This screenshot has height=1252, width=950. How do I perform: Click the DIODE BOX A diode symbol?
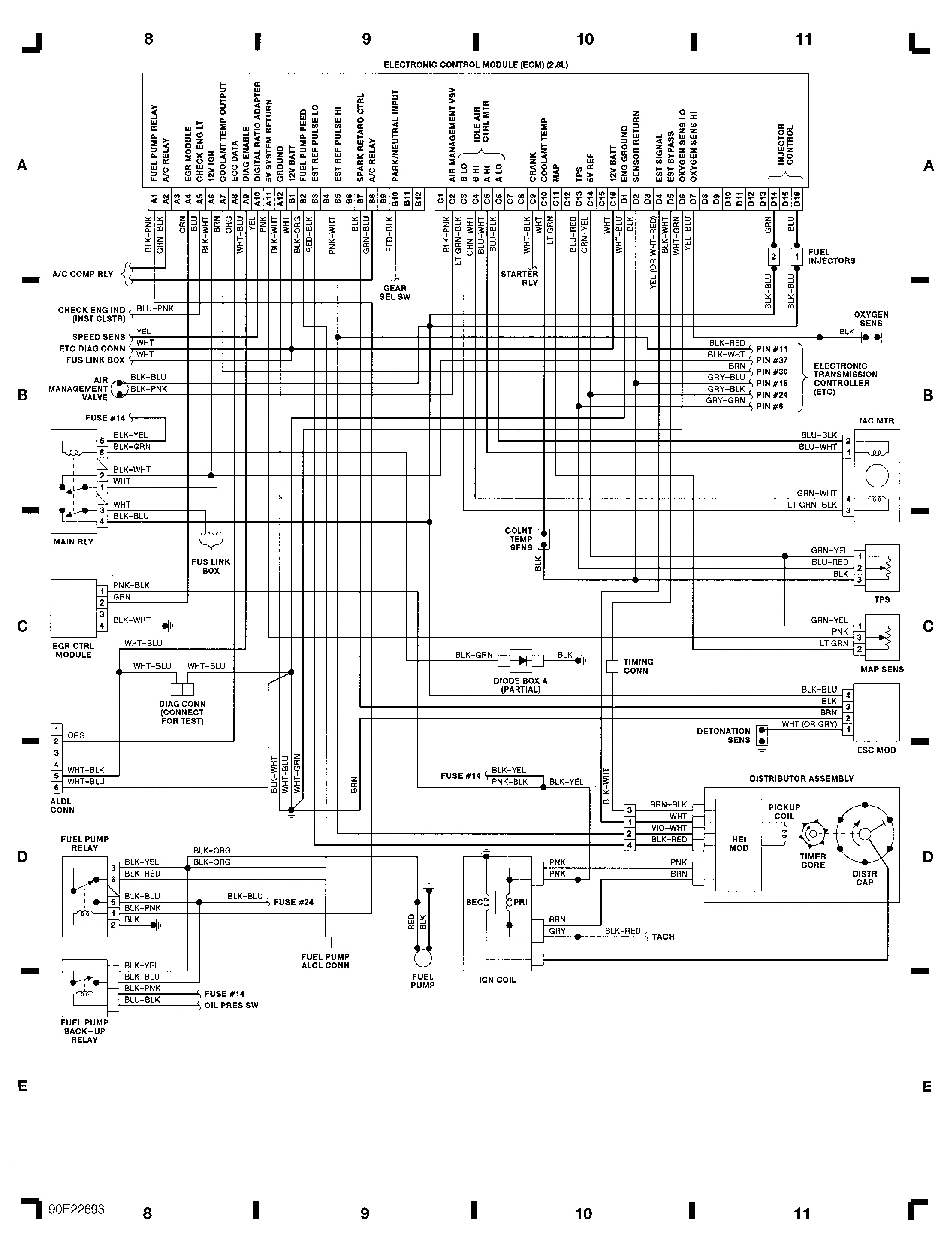(x=521, y=660)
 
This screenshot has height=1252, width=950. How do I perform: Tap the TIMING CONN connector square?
(x=612, y=666)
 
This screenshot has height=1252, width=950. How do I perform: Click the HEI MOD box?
(x=739, y=844)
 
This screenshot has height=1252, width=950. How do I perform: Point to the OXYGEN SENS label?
(x=871, y=319)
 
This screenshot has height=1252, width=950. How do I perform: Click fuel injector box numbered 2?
(x=773, y=257)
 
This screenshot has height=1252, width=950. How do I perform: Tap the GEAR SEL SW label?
(x=395, y=292)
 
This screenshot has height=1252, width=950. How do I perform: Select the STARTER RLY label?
(x=519, y=278)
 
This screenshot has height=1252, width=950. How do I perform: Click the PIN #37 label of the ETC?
(x=772, y=360)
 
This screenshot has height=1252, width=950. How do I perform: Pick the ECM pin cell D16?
(x=796, y=199)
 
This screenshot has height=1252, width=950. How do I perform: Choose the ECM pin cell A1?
(x=154, y=199)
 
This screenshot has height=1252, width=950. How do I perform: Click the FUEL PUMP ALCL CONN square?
(x=326, y=942)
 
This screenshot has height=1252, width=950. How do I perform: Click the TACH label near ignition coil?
(x=663, y=937)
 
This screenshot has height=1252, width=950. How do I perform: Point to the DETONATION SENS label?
(x=723, y=735)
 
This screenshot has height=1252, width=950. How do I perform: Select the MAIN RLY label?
(x=73, y=541)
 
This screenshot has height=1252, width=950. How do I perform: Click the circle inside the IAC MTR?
(x=876, y=475)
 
